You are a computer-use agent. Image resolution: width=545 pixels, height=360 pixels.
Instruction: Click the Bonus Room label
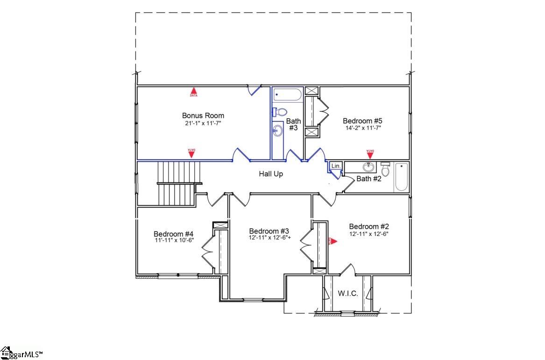(203, 115)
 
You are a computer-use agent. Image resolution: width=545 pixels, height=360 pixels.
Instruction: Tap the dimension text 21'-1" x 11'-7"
(203, 123)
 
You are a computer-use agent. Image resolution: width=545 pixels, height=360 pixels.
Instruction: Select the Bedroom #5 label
(362, 120)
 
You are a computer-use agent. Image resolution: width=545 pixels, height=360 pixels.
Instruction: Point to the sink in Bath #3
(277, 131)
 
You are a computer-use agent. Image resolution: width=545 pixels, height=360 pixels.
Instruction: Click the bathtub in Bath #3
(288, 95)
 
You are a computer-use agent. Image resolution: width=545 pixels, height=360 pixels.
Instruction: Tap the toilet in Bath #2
(385, 169)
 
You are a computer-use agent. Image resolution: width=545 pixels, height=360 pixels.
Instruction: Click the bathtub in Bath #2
(401, 176)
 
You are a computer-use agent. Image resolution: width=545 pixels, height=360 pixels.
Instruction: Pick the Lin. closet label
(336, 166)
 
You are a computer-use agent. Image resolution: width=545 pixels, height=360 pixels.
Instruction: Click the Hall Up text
(271, 174)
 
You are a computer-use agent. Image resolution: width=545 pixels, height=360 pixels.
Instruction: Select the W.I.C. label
(347, 293)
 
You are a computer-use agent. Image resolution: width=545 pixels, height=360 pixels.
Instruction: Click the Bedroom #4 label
(173, 233)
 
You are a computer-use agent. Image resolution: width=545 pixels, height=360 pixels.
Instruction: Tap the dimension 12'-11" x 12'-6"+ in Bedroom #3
(269, 238)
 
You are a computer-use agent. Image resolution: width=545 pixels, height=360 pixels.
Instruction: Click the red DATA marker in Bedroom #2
(332, 241)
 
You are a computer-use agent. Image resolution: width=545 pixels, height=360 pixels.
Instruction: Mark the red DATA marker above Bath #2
(370, 153)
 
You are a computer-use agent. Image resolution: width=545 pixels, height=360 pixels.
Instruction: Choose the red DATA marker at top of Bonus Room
(193, 92)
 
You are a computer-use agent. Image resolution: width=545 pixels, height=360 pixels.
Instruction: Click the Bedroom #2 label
(369, 226)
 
